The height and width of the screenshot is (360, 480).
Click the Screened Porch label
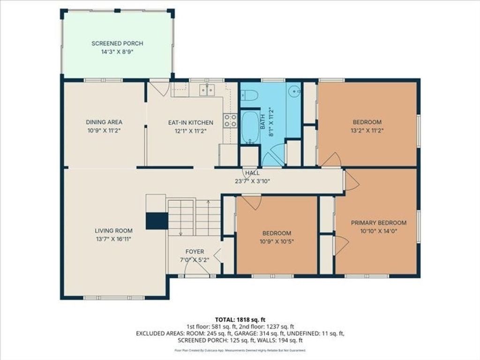[x=117, y=44]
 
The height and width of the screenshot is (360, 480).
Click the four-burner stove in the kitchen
[x=231, y=120]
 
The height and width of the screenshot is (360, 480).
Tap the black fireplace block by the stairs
[x=157, y=221]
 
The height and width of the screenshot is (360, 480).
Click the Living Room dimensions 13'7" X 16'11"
[x=113, y=239]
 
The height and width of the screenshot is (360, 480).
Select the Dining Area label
[x=104, y=122]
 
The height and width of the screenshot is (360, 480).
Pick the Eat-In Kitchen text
[x=191, y=122]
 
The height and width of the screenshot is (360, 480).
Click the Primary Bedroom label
[x=379, y=223]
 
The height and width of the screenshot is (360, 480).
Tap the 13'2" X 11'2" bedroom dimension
[x=367, y=130]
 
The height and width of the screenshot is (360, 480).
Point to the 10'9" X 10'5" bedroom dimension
[x=277, y=241]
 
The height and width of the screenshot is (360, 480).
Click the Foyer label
[x=195, y=252]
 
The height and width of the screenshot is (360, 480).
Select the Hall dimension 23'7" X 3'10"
[x=252, y=181]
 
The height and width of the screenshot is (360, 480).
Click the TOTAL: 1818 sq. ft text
[x=240, y=320]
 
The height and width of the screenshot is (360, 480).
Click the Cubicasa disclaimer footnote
[x=240, y=350]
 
